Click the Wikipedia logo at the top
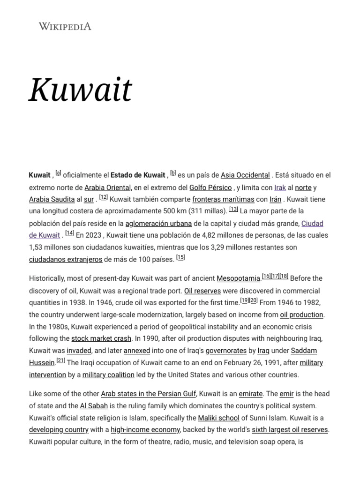point(65,26)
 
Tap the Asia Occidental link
point(245,175)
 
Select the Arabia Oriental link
point(107,187)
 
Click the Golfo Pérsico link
point(210,187)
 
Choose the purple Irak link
point(280,187)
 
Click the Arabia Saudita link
point(52,199)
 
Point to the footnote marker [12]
point(104,198)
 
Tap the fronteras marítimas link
point(223,199)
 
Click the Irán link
point(275,199)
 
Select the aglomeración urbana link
point(158,223)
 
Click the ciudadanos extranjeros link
point(65,259)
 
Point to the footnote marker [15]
point(180,257)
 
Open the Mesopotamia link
point(238,278)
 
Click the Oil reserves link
point(202,291)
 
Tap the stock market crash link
point(101,338)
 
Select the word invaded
point(79,350)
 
